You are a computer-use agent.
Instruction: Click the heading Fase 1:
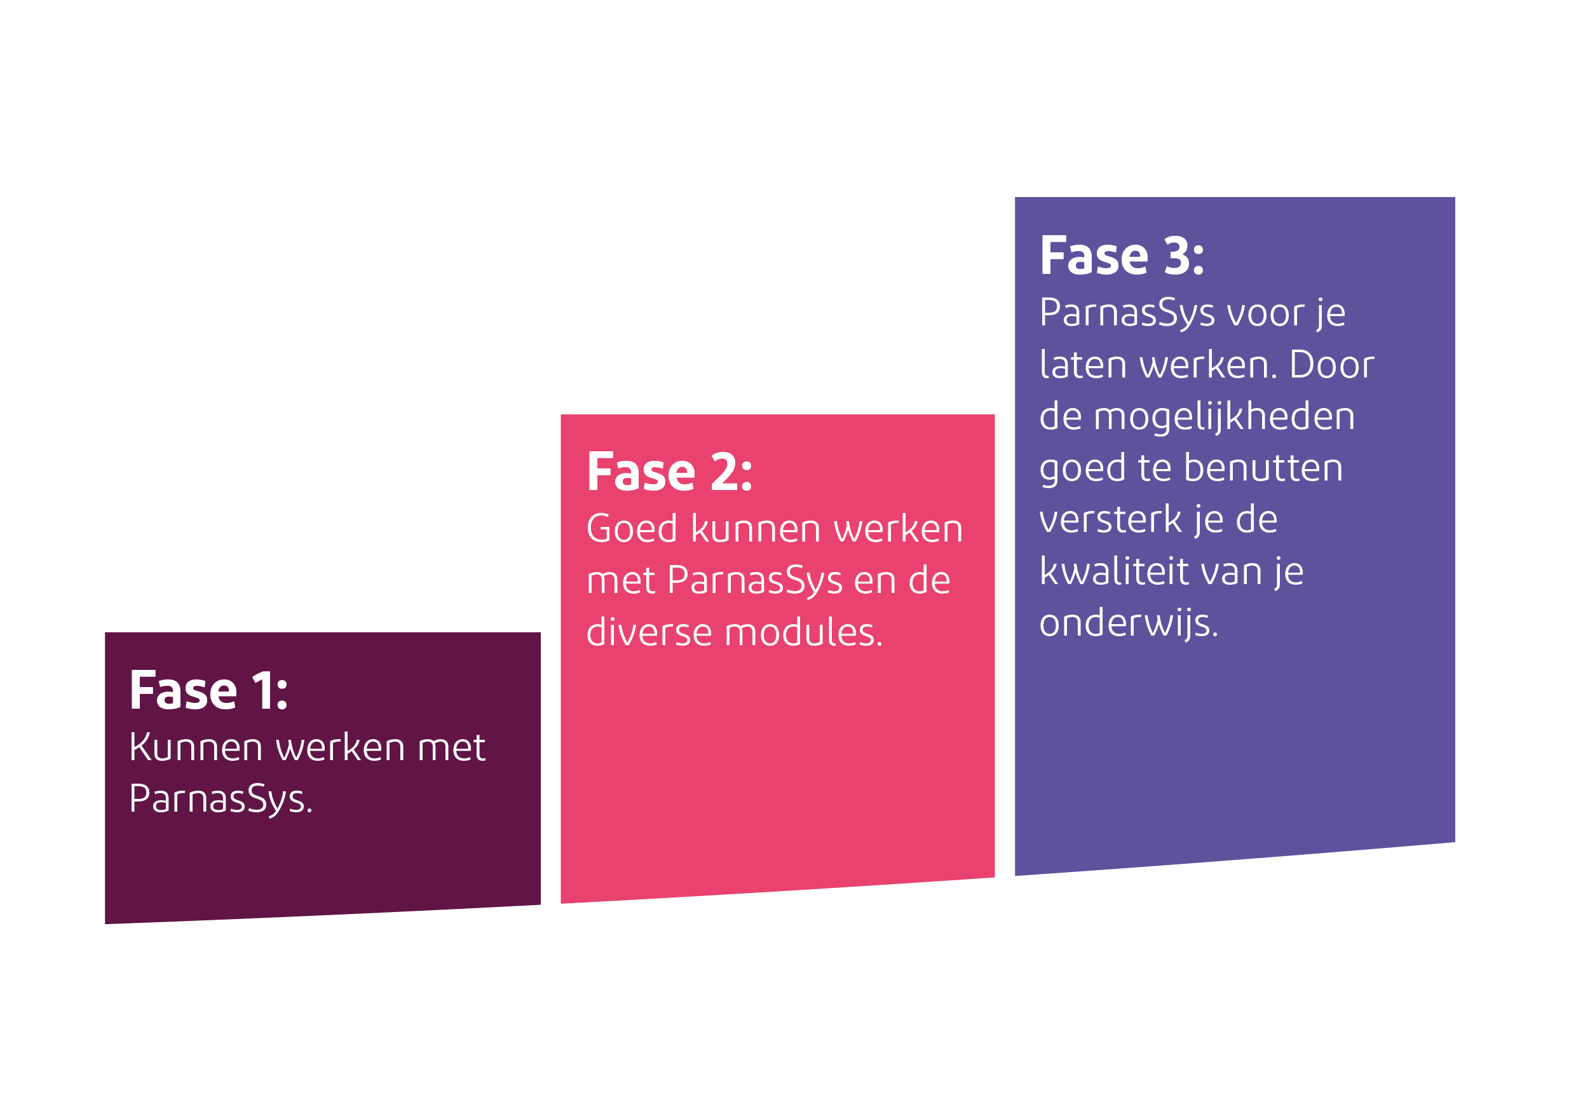coord(208,690)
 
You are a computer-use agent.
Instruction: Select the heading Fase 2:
coord(669,472)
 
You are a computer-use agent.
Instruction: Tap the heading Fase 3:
coord(1122,256)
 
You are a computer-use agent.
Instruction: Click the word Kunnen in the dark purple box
coord(196,747)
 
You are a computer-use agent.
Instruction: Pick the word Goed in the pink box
coord(632,529)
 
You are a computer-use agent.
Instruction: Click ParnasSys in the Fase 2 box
coord(754,580)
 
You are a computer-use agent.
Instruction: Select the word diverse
coord(649,632)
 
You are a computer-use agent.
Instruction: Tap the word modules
coord(804,632)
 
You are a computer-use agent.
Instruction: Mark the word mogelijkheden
coord(1224,417)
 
